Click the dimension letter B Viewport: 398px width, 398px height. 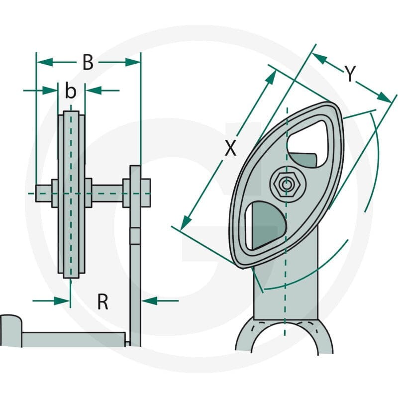pyautogui.click(x=88, y=63)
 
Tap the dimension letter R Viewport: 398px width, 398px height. pyautogui.click(x=103, y=301)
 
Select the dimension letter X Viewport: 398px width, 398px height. pyautogui.click(x=230, y=148)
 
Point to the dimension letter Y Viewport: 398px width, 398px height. pyautogui.click(x=350, y=74)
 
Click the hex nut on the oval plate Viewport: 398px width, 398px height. pyautogui.click(x=287, y=185)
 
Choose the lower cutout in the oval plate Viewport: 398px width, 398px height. pyautogui.click(x=266, y=225)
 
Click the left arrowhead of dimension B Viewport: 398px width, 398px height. pyautogui.click(x=44, y=62)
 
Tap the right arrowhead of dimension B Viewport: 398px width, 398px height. pyautogui.click(x=133, y=62)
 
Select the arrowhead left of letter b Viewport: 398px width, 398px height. pyautogui.click(x=50, y=91)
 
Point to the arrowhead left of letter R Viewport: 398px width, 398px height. pyautogui.click(x=62, y=301)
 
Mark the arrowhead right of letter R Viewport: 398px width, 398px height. pyautogui.click(x=149, y=301)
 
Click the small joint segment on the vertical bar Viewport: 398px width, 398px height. pyautogui.click(x=135, y=236)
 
